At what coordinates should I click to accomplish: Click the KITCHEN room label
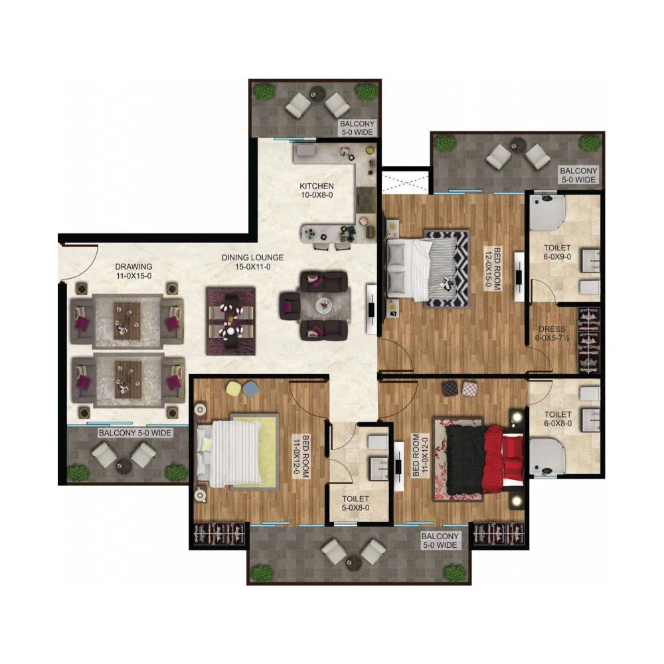tap(317, 191)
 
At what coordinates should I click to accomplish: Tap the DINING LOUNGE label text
tap(253, 262)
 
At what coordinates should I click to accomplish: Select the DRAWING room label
tap(134, 271)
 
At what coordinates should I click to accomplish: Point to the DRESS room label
tap(552, 333)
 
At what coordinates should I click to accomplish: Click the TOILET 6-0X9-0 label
tap(557, 252)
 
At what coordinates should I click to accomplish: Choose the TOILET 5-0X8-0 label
tap(355, 503)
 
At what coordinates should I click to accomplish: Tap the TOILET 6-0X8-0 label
tap(558, 419)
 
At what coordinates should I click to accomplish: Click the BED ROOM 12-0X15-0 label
tap(493, 268)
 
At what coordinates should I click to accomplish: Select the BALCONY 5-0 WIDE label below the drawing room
tap(135, 433)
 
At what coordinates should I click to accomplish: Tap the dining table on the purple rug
tap(231, 321)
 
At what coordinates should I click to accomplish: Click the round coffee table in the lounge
tap(325, 305)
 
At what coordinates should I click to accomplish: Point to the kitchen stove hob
tap(366, 199)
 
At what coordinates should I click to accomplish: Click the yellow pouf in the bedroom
tap(233, 388)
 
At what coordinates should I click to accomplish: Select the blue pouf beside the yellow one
tap(250, 388)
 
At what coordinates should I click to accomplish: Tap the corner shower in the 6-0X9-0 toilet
tap(548, 212)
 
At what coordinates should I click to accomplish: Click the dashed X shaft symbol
tap(406, 182)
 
